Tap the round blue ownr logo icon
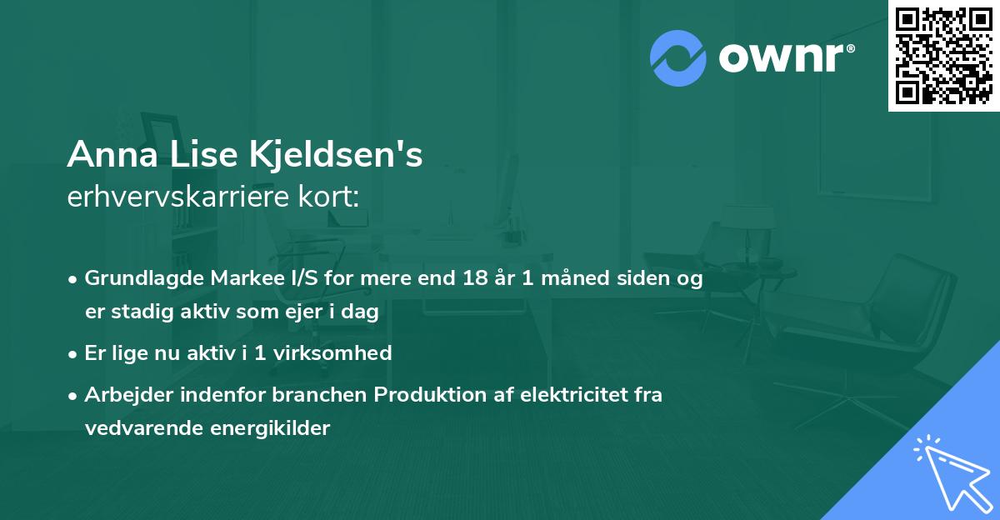pos(678,57)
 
